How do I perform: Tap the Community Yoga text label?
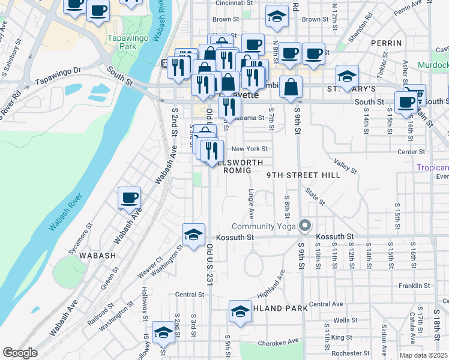(265, 226)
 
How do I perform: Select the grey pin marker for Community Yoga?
(306, 226)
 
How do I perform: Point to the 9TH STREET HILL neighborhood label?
(304, 175)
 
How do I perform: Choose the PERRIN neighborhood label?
(386, 43)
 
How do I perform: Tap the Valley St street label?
(345, 166)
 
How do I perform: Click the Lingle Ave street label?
(251, 205)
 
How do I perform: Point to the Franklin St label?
(412, 286)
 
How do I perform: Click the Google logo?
(20, 353)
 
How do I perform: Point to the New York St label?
(249, 149)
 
